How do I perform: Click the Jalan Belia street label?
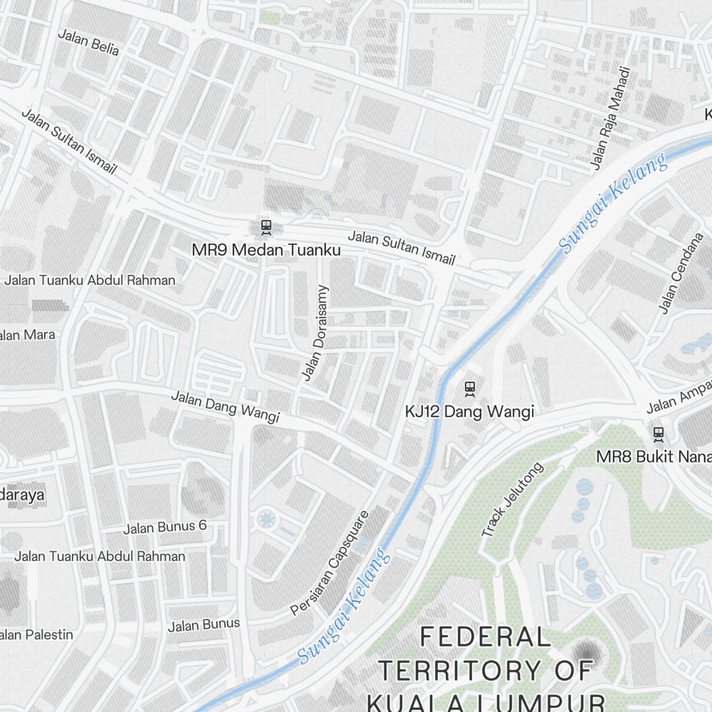pos(88,42)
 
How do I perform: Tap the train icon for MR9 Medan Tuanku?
pos(266,227)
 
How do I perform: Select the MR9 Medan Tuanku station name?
pos(266,251)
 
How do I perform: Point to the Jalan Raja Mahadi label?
pos(611,118)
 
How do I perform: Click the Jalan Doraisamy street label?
pos(314,333)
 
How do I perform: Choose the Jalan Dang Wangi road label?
pos(225,407)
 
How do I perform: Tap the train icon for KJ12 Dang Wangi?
pos(469,389)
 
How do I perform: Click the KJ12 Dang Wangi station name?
pos(469,412)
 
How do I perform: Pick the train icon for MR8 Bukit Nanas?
pos(659,433)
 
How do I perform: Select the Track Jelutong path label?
pos(512,499)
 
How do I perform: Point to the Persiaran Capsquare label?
pos(330,562)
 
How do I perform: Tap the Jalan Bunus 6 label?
pos(164,527)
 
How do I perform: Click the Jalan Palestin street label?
pos(36,634)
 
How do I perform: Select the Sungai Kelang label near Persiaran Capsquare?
pos(344,606)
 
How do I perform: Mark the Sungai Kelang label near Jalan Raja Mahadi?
pos(613,203)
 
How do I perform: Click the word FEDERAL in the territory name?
pos(485,637)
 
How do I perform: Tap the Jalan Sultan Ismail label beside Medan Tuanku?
pos(401,248)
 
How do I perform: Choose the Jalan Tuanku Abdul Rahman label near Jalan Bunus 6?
pos(100,556)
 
